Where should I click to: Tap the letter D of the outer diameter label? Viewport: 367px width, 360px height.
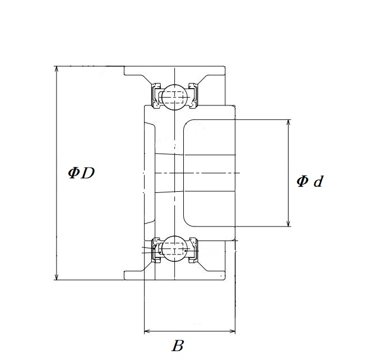[x=87, y=173]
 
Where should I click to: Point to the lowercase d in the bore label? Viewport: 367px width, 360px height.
[x=318, y=181]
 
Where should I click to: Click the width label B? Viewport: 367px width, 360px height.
[x=178, y=346]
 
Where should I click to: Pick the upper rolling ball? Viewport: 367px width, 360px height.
[x=173, y=96]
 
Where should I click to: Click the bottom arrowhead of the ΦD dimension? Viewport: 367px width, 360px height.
[x=56, y=276]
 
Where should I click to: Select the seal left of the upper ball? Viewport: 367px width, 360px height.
[x=154, y=95]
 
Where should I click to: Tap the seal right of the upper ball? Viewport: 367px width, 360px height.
[x=193, y=95]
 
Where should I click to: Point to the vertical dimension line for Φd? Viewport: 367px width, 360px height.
[x=289, y=151]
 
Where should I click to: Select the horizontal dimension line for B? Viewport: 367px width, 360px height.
[x=191, y=331]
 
